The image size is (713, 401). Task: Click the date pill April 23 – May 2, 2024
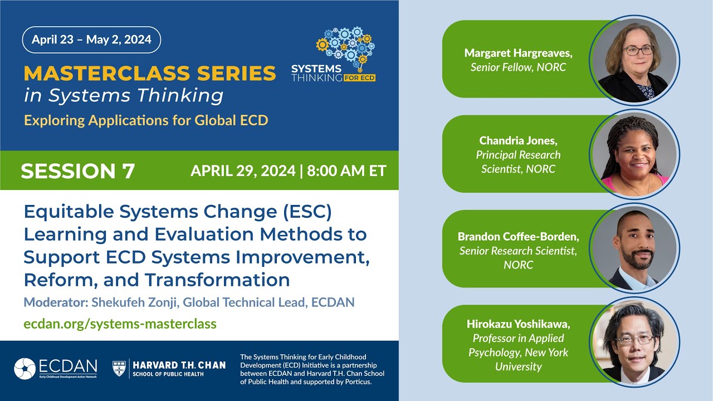point(91,40)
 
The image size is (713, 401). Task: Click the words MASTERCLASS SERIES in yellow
point(150,73)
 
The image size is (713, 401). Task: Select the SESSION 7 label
point(78,171)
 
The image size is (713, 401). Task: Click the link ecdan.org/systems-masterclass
point(120,323)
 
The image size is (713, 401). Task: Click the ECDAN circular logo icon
point(25,369)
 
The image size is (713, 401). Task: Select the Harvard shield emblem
point(120,368)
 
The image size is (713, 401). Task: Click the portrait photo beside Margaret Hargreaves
point(634,59)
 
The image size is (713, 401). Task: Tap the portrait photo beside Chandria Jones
point(634,154)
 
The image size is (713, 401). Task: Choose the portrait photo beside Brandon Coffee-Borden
point(634,248)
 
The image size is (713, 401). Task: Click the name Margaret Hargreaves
point(518,53)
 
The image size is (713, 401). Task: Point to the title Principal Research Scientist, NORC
point(518,162)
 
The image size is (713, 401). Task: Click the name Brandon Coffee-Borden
point(518,236)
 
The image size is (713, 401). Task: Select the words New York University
point(518,359)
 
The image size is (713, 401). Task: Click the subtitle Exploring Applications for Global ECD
point(146,120)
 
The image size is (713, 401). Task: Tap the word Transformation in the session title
point(217,279)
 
